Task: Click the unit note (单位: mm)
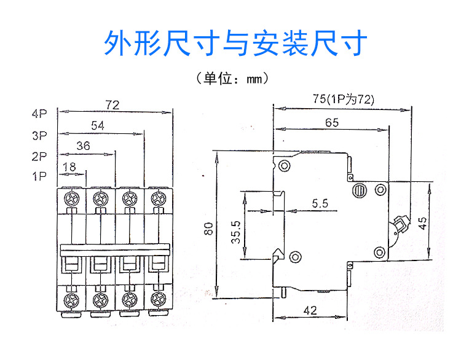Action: [230, 79]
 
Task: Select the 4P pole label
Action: [40, 114]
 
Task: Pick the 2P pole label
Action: [40, 156]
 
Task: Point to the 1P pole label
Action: [40, 177]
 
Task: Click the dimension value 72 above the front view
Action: [111, 105]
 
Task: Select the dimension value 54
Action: [97, 125]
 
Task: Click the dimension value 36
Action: [84, 146]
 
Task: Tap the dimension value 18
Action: [69, 167]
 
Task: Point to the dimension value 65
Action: [332, 122]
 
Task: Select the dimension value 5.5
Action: [320, 203]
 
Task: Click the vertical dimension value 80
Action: [209, 229]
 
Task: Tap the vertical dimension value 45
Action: [422, 222]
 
